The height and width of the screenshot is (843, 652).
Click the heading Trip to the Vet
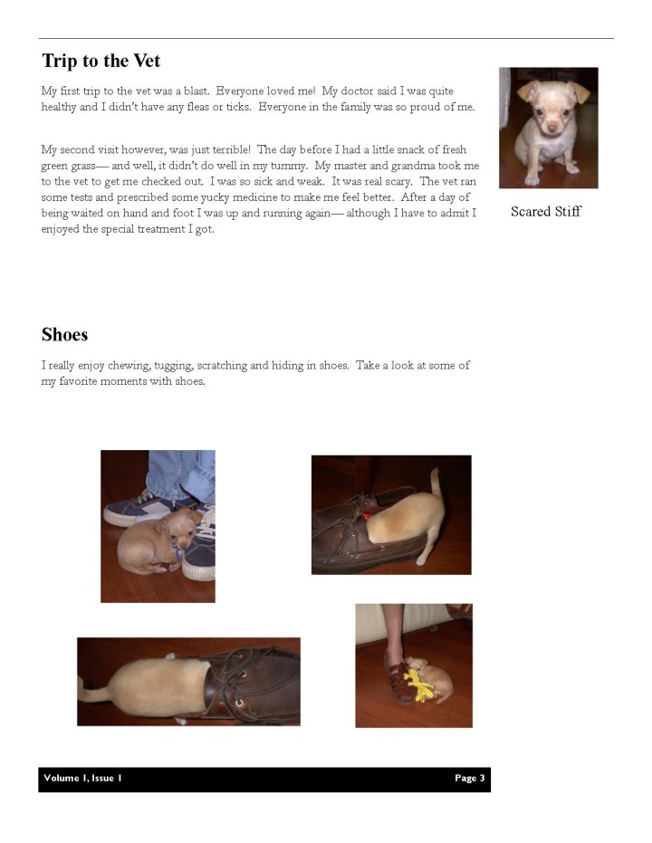[x=101, y=62]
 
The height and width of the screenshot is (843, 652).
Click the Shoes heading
[x=64, y=335]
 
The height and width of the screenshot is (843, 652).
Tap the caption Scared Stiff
[x=545, y=212]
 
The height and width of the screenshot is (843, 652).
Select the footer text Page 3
[x=470, y=778]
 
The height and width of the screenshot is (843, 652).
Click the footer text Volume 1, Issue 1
[x=82, y=778]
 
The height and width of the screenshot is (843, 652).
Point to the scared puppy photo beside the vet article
[x=548, y=127]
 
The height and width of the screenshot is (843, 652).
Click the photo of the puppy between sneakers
[x=158, y=525]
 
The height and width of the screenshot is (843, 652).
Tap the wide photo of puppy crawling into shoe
[x=188, y=682]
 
